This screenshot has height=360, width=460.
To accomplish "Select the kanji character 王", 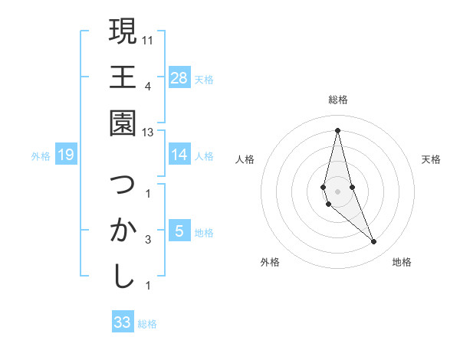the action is [123, 77].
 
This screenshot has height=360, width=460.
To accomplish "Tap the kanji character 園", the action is [123, 122].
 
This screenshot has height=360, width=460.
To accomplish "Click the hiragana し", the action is [123, 276].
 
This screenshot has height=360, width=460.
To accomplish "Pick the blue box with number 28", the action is [179, 78].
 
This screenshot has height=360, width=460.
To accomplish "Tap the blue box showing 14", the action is [179, 155].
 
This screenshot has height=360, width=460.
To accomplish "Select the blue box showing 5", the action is [179, 231].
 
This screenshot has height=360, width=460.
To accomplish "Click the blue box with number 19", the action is [66, 155].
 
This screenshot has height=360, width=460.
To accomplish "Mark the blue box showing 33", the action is [123, 322].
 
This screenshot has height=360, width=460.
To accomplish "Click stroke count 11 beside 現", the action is [148, 39].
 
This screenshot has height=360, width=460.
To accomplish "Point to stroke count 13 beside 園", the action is [148, 133].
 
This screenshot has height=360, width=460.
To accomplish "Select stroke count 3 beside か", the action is [147, 240].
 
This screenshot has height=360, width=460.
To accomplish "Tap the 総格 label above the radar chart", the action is [337, 100].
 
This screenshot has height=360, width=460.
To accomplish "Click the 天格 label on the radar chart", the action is [432, 159].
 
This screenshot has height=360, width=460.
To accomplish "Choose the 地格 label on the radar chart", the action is [402, 262].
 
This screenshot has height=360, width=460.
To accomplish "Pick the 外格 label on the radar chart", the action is [270, 262].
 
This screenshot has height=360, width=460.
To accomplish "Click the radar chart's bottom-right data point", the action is [373, 242].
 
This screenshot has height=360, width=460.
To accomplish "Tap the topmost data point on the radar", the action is [337, 129].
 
